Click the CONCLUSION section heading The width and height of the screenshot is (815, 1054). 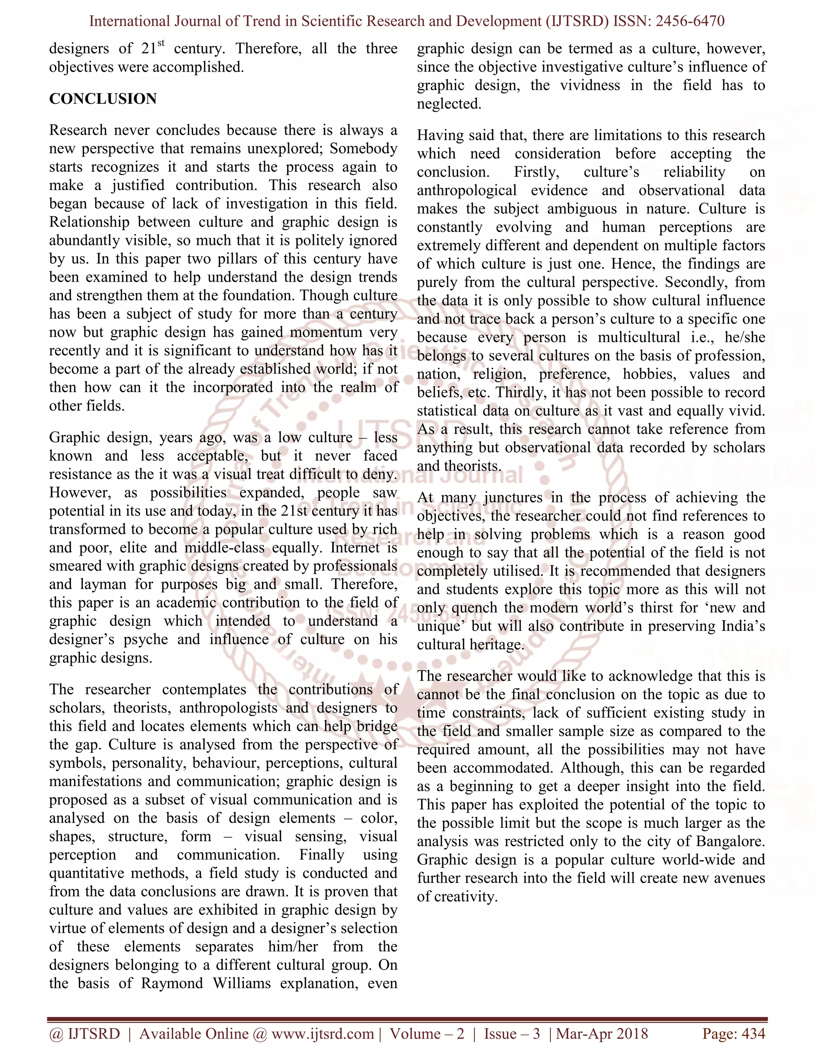[103, 99]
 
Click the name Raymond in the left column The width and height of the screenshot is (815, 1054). [172, 983]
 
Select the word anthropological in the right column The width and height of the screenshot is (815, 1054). [466, 190]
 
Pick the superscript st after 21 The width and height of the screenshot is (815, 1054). [161, 43]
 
